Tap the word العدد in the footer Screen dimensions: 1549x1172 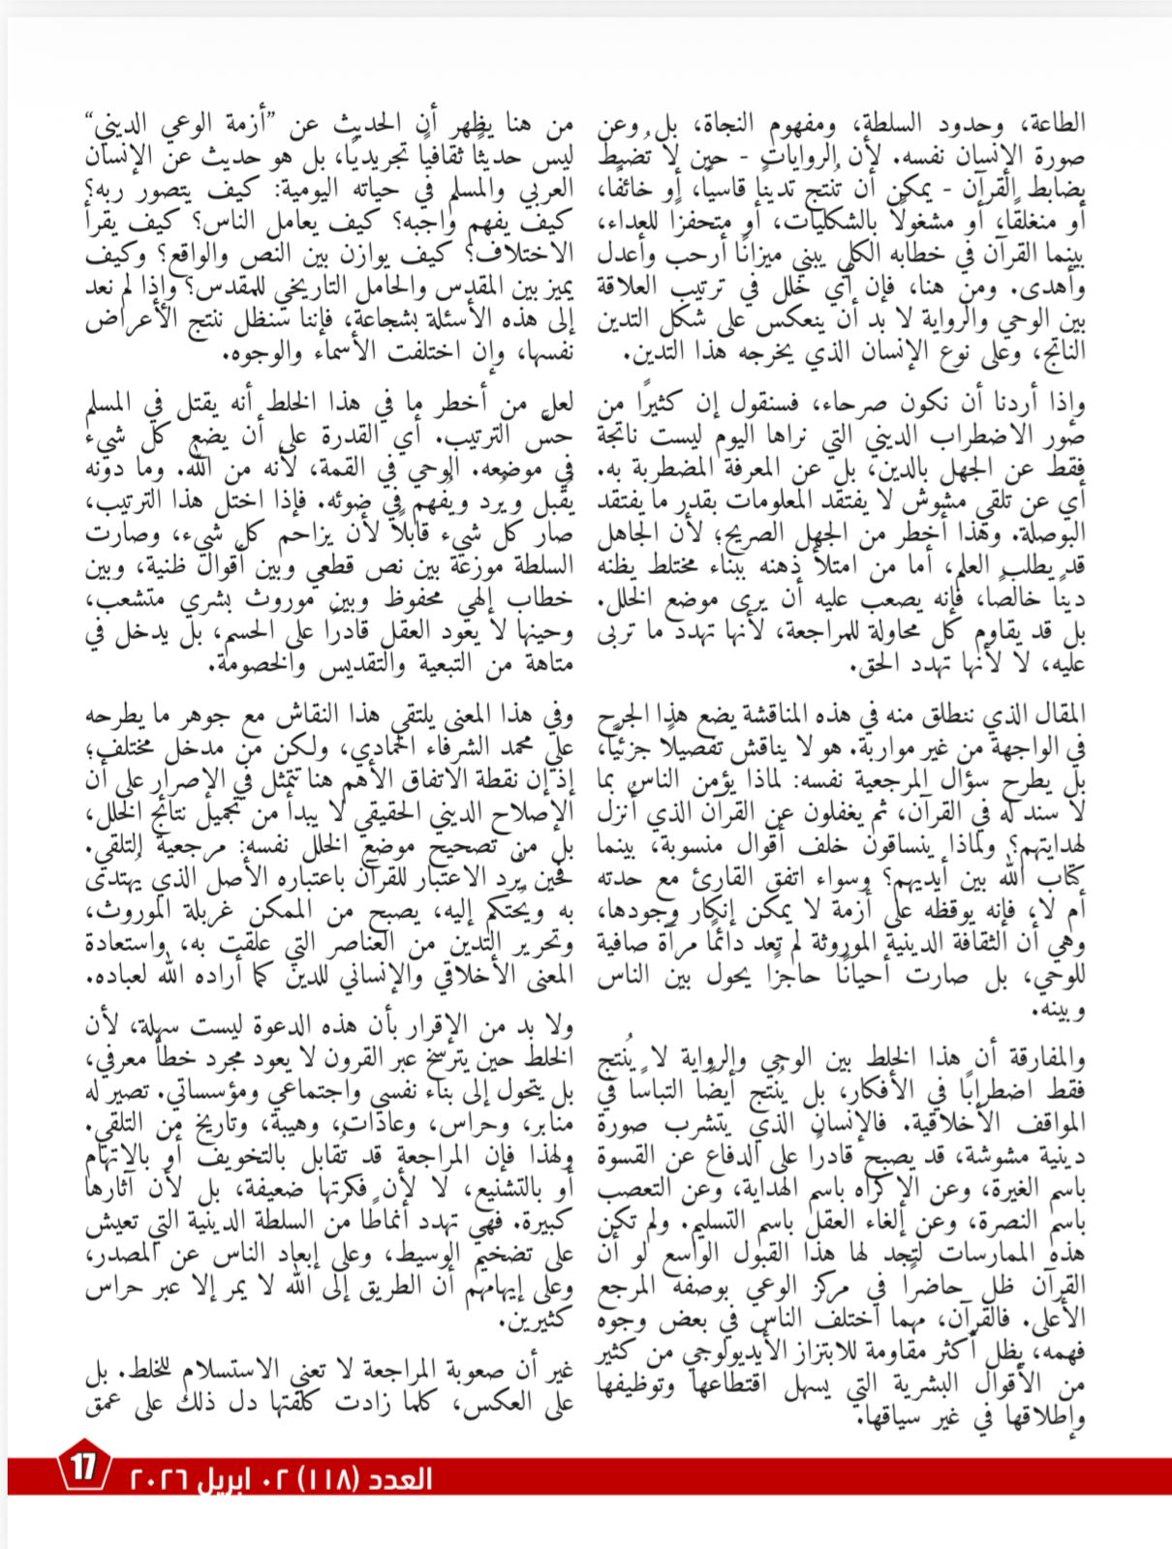[398, 1479]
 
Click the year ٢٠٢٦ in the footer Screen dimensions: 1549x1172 [160, 1480]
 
